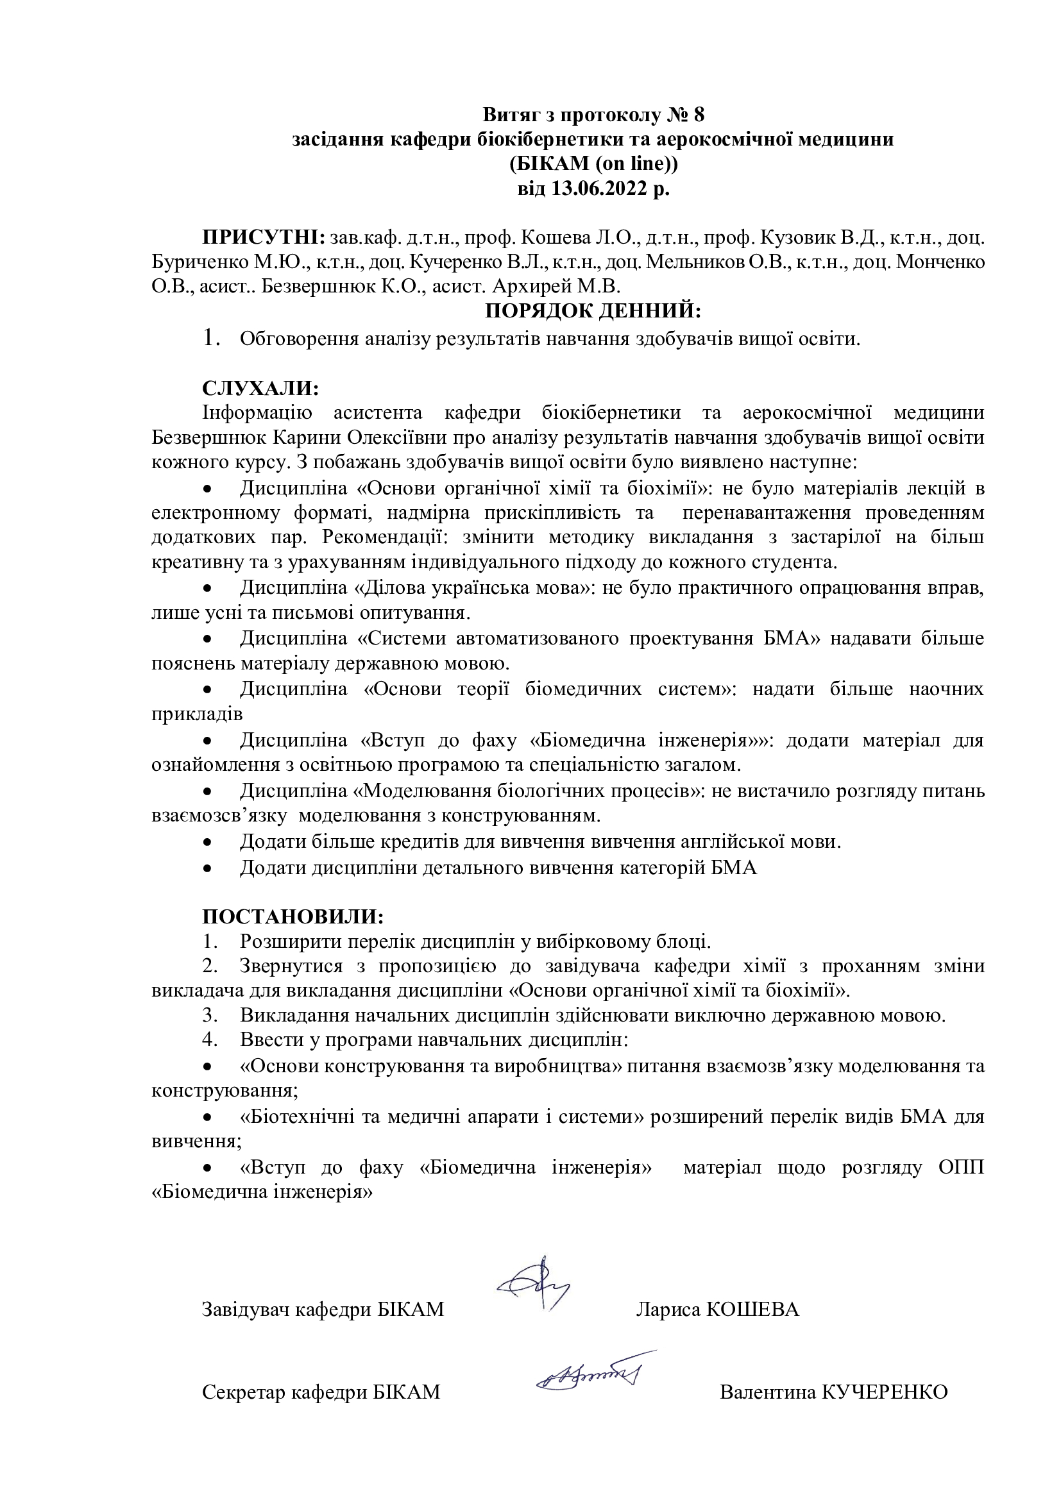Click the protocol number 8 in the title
(x=699, y=115)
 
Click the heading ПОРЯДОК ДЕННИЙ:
(x=593, y=311)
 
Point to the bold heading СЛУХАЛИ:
(x=260, y=388)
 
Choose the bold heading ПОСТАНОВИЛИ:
(x=292, y=916)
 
